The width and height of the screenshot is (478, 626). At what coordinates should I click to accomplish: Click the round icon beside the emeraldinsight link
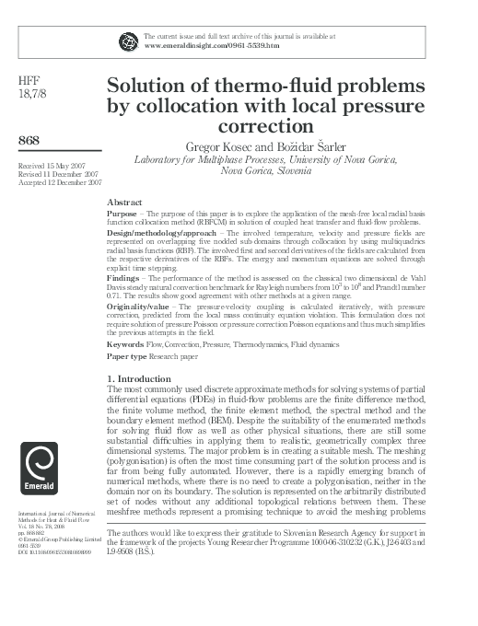point(127,40)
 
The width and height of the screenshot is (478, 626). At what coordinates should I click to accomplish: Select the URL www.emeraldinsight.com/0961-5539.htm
point(201,43)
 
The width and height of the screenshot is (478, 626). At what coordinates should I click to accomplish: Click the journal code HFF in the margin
point(30,80)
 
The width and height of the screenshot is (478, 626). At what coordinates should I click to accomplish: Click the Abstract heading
point(124,201)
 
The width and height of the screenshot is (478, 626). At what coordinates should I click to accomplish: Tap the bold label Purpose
point(122,212)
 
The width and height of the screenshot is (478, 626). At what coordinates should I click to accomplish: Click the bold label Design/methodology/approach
point(155,234)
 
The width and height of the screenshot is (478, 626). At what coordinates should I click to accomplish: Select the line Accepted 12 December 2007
point(59,181)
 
